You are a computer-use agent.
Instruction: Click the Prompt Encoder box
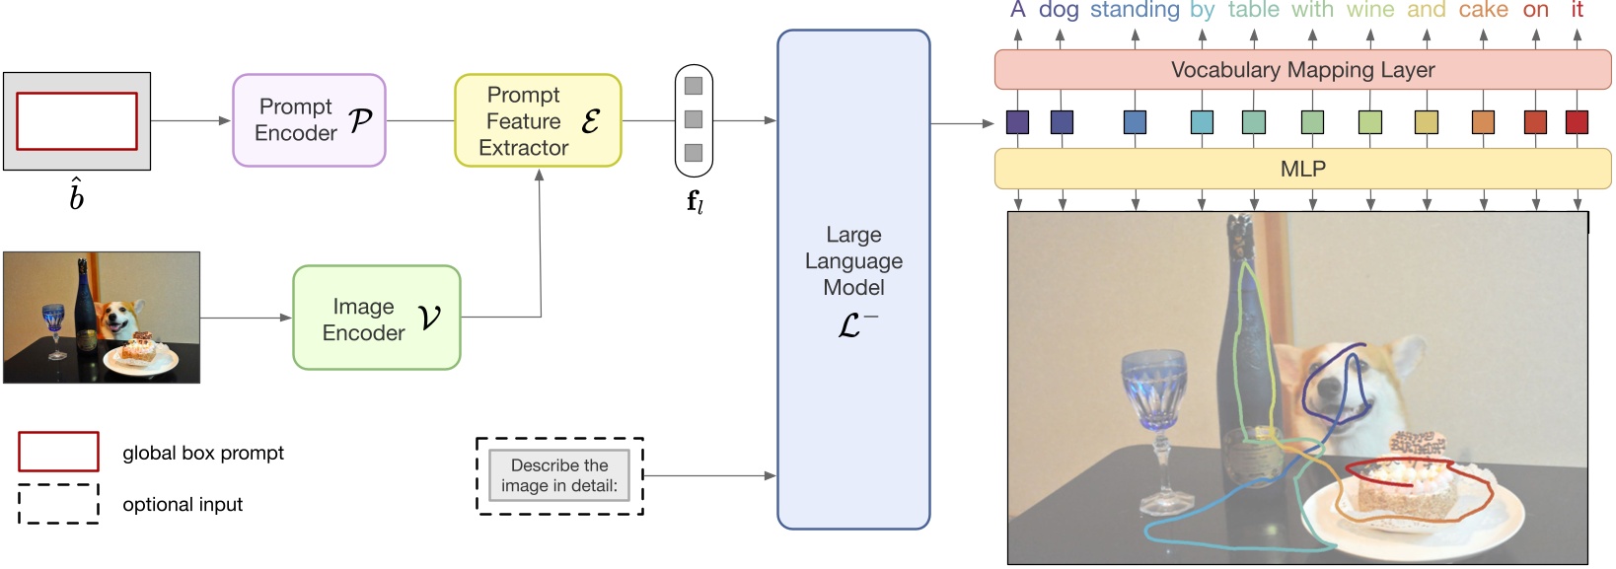[x=309, y=120]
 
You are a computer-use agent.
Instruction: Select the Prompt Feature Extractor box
[x=538, y=120]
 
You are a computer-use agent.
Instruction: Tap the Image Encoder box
[x=376, y=318]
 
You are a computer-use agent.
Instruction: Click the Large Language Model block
[x=853, y=279]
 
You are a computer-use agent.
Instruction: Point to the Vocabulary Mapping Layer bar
[x=1302, y=70]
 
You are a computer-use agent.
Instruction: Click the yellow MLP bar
[x=1302, y=169]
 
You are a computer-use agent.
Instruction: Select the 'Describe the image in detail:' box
[x=559, y=475]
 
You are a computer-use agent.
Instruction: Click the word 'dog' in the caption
[x=1059, y=10]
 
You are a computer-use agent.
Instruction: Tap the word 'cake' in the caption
[x=1483, y=10]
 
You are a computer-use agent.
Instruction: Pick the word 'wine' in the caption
[x=1370, y=10]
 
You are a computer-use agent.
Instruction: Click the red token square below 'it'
[x=1577, y=122]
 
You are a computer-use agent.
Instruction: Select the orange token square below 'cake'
[x=1483, y=122]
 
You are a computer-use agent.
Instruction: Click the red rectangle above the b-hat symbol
[x=77, y=121]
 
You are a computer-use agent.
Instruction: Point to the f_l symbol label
[x=695, y=202]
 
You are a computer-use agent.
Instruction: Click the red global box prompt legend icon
[x=58, y=452]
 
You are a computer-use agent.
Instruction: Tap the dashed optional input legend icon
[x=58, y=503]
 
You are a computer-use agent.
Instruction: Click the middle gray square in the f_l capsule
[x=694, y=119]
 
